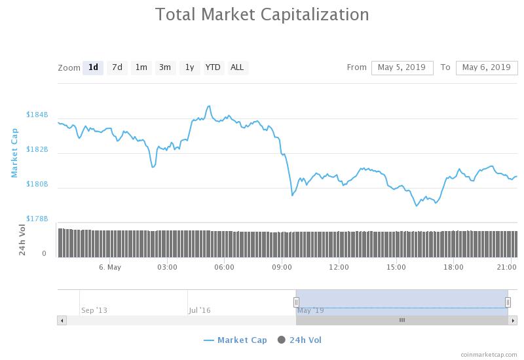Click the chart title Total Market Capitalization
click(262, 14)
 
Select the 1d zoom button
click(93, 67)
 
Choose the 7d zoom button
click(117, 67)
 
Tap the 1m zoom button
click(141, 67)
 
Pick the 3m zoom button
click(165, 67)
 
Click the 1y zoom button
click(189, 67)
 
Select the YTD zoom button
click(213, 67)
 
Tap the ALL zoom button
click(237, 67)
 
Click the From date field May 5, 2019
click(402, 67)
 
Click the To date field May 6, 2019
click(486, 67)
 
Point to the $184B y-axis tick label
click(37, 115)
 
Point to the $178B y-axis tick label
click(37, 219)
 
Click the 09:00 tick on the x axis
click(282, 267)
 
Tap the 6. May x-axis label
click(110, 267)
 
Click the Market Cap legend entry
click(235, 340)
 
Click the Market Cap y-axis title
click(14, 152)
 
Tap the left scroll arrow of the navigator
click(62, 320)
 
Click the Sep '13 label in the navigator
click(94, 310)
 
